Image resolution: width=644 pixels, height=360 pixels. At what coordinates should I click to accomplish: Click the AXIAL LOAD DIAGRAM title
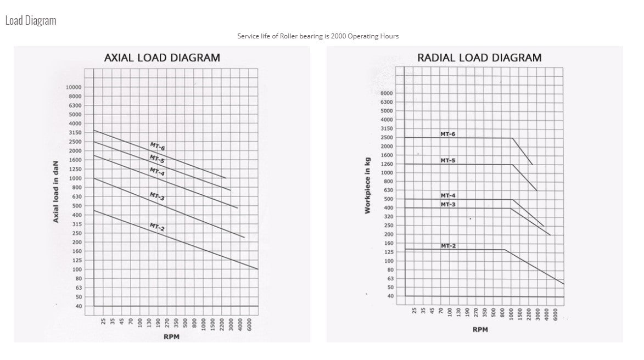162,58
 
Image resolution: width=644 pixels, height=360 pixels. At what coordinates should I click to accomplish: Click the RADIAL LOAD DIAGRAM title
479,58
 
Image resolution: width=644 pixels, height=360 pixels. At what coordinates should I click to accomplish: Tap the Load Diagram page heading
31,20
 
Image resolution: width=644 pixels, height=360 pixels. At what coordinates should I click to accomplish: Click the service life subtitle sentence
318,36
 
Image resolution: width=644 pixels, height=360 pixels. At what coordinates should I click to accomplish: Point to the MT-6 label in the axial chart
158,147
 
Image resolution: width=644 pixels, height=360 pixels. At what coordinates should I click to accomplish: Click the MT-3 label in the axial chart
158,196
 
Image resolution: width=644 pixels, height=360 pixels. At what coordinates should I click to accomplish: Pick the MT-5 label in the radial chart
448,161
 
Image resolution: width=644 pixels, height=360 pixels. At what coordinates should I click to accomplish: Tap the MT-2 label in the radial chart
448,246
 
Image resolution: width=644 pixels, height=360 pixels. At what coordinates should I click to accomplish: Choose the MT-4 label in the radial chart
448,195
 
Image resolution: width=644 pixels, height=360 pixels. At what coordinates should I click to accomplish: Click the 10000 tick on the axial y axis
73,87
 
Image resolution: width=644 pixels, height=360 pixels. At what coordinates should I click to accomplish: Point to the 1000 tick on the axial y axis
75,178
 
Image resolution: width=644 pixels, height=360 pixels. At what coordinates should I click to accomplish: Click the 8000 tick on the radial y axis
387,93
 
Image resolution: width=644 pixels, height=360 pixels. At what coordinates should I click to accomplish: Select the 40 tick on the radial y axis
390,296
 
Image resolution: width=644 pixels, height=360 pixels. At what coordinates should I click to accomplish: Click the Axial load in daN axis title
56,196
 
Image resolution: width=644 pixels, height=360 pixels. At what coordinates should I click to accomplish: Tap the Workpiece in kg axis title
368,187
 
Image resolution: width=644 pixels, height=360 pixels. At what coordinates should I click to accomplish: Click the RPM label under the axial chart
171,336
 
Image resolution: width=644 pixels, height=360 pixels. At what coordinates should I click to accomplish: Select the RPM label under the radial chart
480,329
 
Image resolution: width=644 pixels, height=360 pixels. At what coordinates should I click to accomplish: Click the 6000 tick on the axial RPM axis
249,324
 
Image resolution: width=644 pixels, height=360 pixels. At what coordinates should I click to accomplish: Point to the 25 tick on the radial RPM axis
415,311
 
